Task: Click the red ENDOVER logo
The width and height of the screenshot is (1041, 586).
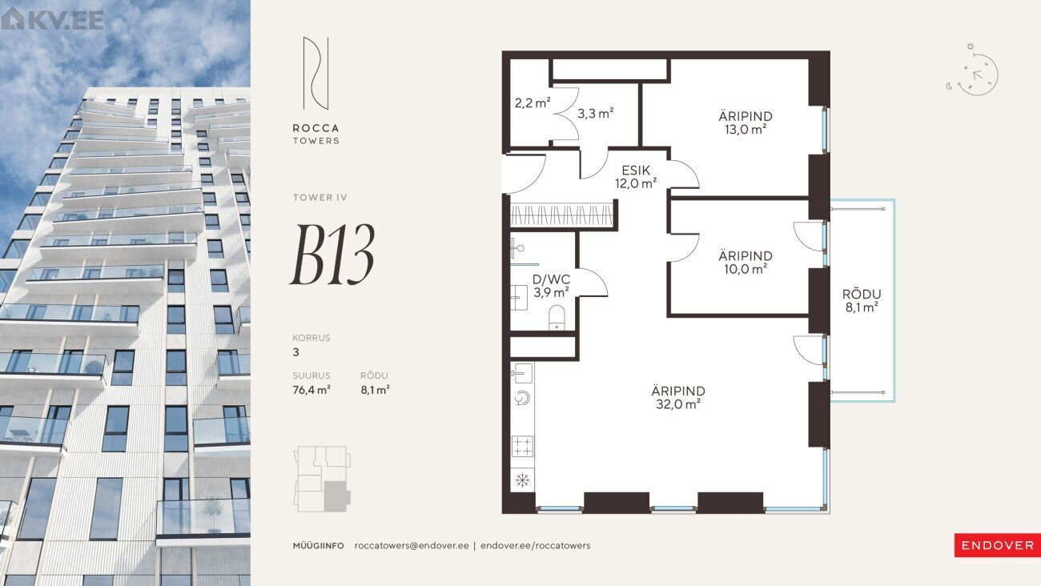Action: [997, 545]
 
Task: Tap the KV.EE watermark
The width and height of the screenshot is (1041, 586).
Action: [52, 19]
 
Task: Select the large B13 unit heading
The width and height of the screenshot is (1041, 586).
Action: [333, 255]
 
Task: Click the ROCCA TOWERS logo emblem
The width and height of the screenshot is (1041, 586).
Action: [316, 74]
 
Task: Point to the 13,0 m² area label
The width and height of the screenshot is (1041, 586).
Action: [746, 130]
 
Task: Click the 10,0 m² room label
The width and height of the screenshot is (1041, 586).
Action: [746, 269]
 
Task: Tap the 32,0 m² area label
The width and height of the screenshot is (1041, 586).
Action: [678, 404]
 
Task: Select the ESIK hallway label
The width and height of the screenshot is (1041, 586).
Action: [636, 171]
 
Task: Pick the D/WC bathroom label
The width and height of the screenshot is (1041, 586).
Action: [551, 279]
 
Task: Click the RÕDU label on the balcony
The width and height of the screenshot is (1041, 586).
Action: [862, 294]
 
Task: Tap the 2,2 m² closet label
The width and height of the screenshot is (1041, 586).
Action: [533, 102]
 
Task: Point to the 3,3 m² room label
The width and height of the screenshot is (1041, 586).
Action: [595, 113]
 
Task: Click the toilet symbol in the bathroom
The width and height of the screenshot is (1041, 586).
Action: [557, 317]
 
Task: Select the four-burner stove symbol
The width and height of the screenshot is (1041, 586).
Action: [522, 446]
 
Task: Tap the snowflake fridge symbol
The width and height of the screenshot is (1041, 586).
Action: [522, 480]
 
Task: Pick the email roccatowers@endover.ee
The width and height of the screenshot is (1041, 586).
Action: [412, 545]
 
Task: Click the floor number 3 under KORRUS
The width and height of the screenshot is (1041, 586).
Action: [296, 352]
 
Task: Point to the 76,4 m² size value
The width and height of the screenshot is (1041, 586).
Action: [311, 390]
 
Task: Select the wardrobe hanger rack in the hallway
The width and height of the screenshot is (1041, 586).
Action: [561, 215]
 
